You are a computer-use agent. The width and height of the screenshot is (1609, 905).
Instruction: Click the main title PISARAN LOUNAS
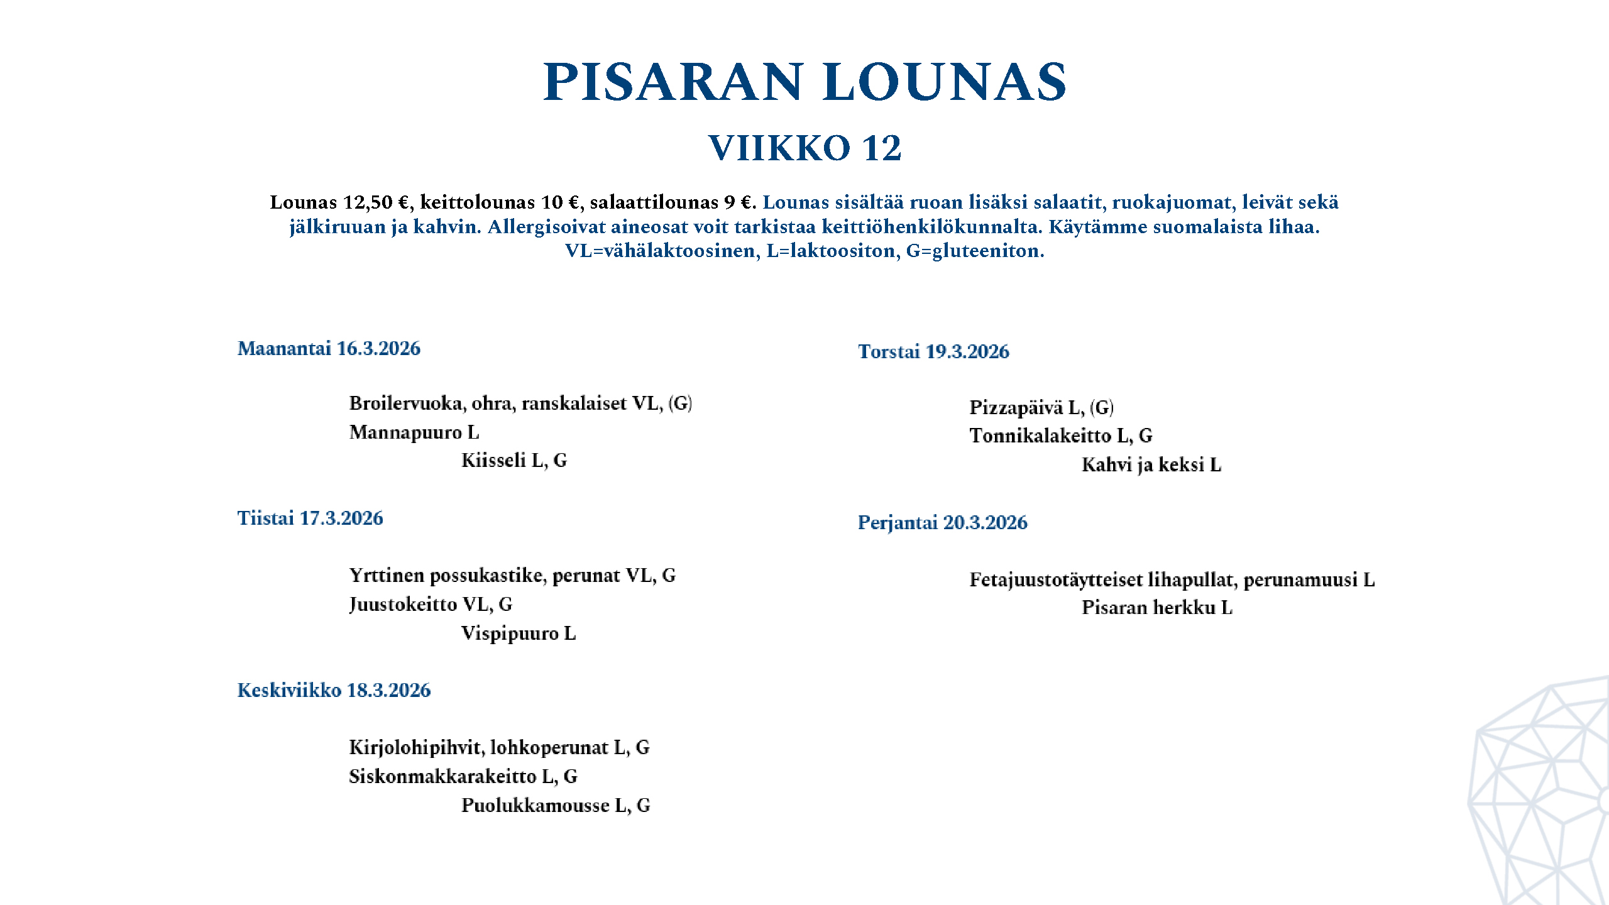[x=804, y=82]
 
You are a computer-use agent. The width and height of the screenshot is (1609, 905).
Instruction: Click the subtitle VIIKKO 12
[x=804, y=148]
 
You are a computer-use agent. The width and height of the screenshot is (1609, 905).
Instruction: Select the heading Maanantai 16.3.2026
[x=329, y=348]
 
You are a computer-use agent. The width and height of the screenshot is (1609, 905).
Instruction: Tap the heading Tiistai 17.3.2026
[x=310, y=518]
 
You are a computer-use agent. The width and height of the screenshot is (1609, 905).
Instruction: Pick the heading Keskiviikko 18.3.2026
[x=334, y=690]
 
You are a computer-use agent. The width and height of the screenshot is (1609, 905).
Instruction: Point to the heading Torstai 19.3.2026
[x=933, y=351]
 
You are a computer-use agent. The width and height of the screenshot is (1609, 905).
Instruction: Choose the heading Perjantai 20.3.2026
[x=942, y=522]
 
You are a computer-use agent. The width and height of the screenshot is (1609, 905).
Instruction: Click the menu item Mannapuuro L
[x=414, y=432]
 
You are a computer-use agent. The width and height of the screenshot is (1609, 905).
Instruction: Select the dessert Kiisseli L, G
[x=513, y=461]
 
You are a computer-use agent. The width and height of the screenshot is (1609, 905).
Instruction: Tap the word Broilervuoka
[x=407, y=403]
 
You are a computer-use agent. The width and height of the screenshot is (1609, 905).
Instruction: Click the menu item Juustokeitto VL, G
[x=431, y=605]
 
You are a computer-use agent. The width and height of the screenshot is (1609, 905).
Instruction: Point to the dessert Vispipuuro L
[x=518, y=633]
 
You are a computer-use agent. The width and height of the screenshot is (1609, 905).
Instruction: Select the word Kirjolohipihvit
[x=416, y=748]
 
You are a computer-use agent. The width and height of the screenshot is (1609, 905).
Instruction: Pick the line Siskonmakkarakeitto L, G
[x=463, y=777]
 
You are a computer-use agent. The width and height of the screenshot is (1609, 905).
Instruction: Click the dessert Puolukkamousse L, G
[x=555, y=806]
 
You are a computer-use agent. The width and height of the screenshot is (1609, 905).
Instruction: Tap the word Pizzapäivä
[x=1016, y=408]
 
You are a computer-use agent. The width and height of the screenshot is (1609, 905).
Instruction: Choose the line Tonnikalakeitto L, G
[x=1060, y=436]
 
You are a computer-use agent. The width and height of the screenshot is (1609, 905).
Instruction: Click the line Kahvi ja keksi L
[x=1151, y=465]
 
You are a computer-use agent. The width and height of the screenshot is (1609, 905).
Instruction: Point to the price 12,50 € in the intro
[x=375, y=202]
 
